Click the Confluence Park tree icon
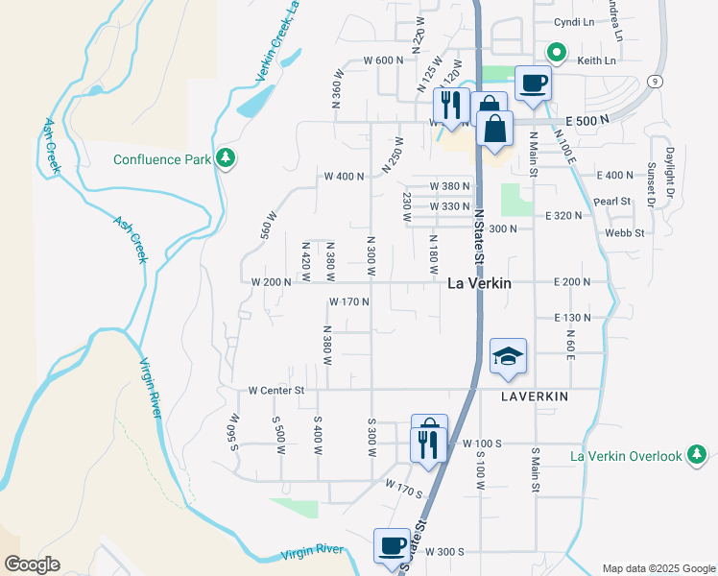(x=225, y=157)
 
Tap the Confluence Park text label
(x=161, y=159)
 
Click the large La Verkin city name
(x=479, y=284)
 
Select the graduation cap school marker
(x=508, y=357)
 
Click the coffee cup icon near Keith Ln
(x=533, y=83)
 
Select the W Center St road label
(x=275, y=391)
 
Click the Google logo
(x=32, y=564)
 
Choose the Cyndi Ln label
(x=574, y=22)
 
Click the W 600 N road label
(x=384, y=60)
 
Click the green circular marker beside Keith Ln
(x=555, y=53)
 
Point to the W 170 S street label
(x=404, y=492)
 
